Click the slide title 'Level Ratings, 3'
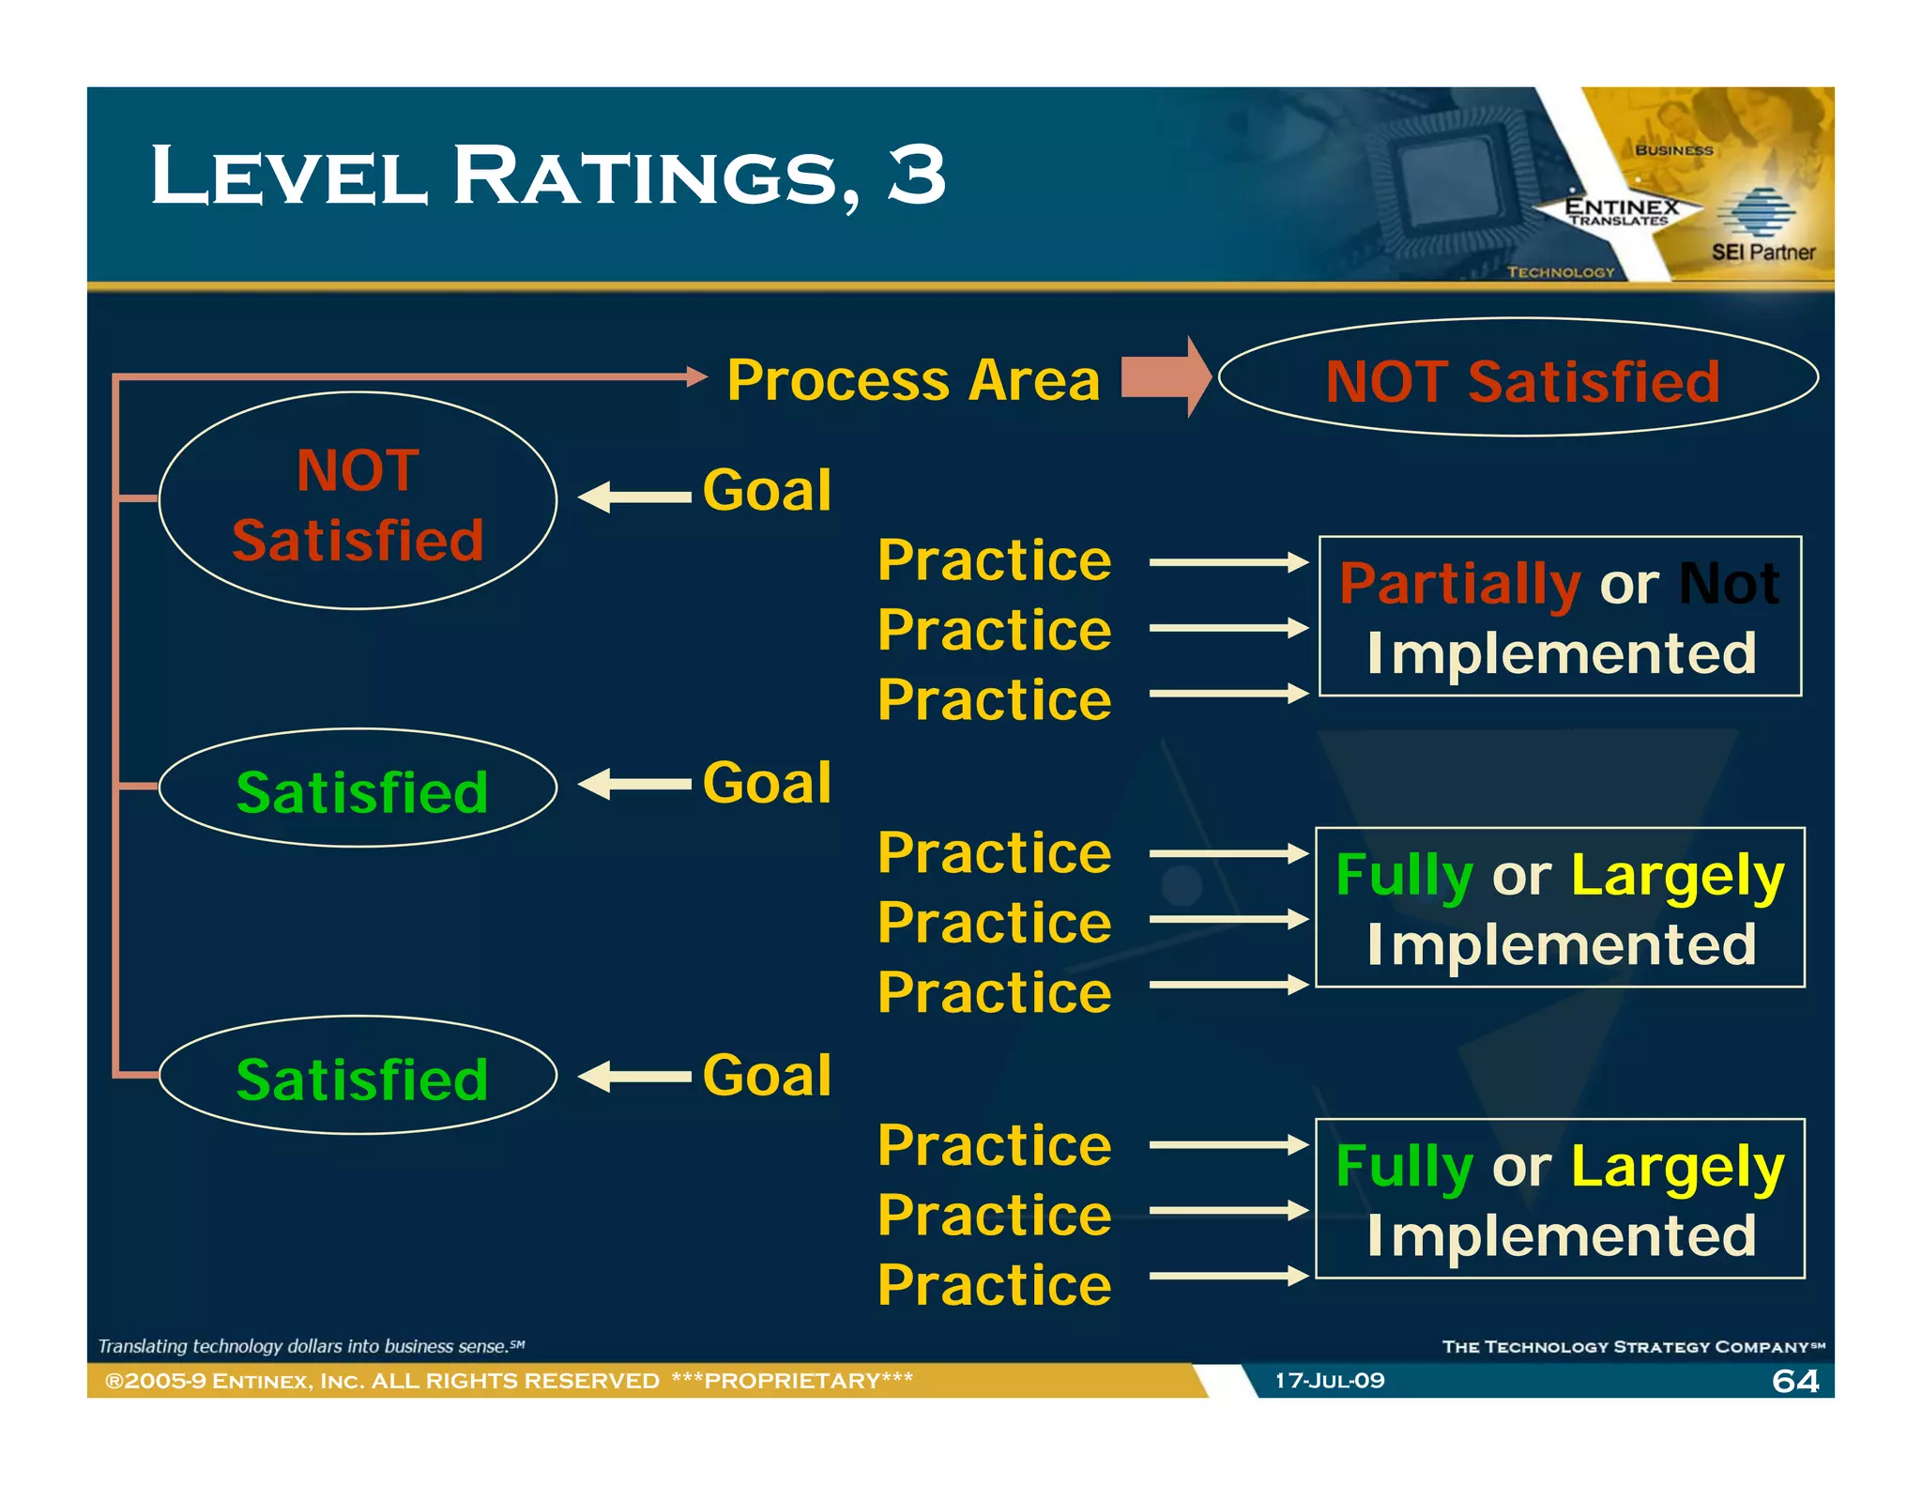548,176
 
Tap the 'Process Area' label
913,380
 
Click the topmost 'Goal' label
767,490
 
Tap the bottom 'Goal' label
767,1075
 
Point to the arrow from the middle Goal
633,784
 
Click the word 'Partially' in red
1459,584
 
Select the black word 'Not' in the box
1728,584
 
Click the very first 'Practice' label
994,560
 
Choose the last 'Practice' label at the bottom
994,1285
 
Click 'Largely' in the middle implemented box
1677,876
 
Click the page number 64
1794,1381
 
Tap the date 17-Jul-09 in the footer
1329,1381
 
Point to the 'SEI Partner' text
1762,253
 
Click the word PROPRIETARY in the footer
792,1381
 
